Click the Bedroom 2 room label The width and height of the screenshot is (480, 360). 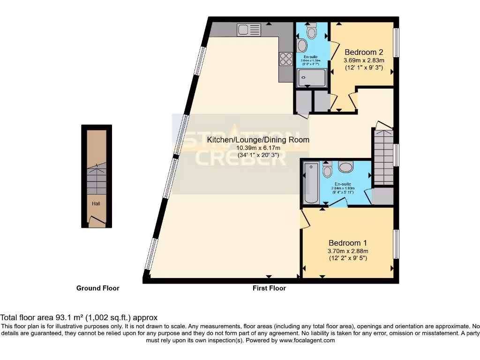pos(364,52)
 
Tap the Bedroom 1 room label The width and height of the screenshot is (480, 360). pos(347,243)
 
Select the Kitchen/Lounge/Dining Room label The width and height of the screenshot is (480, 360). pos(258,140)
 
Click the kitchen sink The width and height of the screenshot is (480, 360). pos(248,30)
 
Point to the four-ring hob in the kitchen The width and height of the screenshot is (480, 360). pos(285,59)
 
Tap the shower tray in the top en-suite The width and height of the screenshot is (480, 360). pos(307,76)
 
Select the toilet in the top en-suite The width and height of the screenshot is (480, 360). pos(311,31)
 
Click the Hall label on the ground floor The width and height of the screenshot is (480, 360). pos(96,203)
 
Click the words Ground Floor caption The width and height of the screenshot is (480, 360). pos(97,288)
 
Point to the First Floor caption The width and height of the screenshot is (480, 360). pos(269,288)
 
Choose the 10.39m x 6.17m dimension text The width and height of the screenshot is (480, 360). pos(258,148)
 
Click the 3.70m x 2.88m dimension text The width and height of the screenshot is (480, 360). pos(347,251)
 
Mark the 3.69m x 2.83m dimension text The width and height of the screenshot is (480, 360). pos(364,60)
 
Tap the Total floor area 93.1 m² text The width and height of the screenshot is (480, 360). pos(79,317)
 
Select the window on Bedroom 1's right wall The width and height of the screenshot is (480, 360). pos(396,244)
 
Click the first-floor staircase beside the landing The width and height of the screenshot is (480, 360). pos(383,157)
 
